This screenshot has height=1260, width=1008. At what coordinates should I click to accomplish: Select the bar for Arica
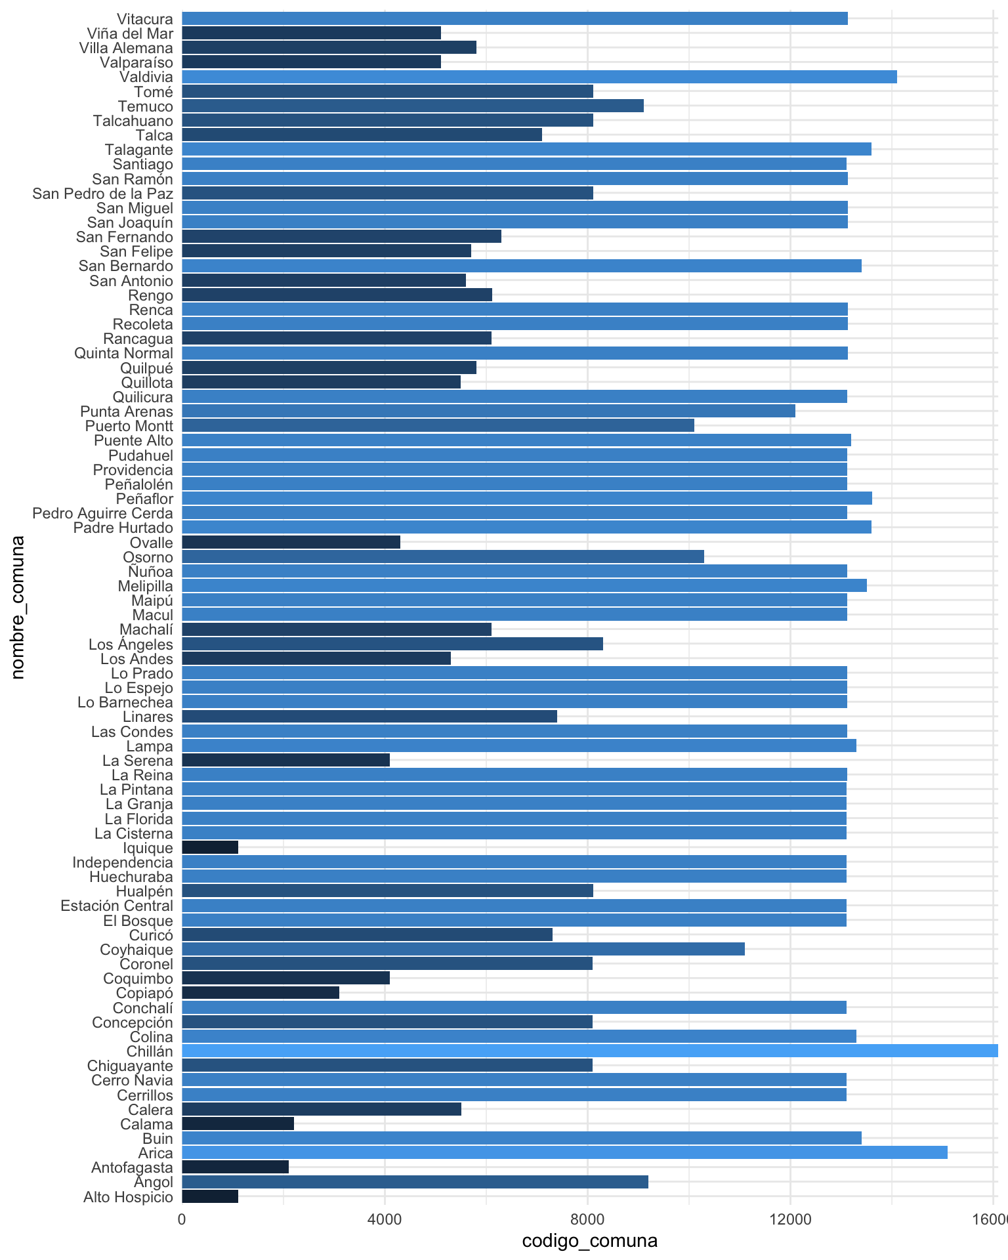564,1153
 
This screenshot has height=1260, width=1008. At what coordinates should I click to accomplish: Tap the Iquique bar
210,848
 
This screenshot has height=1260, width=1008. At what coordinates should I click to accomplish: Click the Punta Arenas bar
488,411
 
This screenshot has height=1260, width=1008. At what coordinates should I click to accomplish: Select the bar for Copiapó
261,993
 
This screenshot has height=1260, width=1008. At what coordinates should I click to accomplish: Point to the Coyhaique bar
463,950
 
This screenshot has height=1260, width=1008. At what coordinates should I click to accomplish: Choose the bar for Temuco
413,106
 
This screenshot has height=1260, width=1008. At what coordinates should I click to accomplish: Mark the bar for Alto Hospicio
210,1196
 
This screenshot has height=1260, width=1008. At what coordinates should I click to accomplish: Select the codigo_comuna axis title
589,1241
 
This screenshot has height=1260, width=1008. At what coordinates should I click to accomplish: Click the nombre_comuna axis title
18,607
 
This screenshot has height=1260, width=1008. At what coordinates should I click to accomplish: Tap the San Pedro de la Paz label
103,194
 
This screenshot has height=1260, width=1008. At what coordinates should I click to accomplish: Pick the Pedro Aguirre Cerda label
103,513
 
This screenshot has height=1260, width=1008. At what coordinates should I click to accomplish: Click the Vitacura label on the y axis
145,19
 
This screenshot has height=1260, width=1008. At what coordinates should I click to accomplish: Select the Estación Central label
117,906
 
